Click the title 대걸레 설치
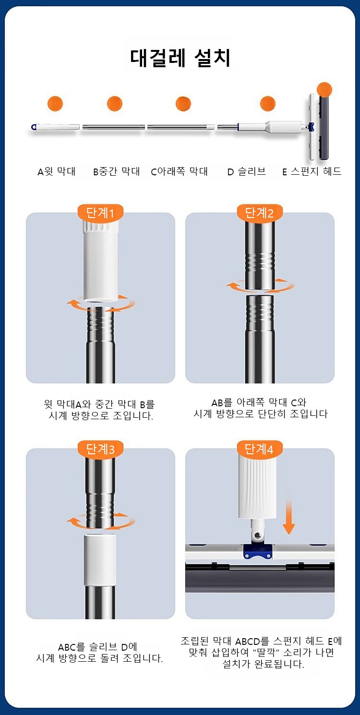point(180,58)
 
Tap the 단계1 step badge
point(100,212)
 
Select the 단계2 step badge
point(260,212)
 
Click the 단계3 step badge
point(100,449)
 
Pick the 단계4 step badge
point(260,449)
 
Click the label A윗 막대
point(57,171)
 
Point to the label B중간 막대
point(117,171)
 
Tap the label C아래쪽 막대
point(180,171)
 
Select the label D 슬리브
point(246,171)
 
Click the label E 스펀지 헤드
point(312,171)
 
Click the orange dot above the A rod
point(55,103)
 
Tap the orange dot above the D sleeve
point(268,103)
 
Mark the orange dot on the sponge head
point(324,90)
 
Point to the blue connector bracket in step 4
point(258,551)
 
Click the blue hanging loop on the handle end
point(34,127)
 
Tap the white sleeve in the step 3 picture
point(100,560)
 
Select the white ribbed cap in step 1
point(100,261)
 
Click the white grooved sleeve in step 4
point(257,485)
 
